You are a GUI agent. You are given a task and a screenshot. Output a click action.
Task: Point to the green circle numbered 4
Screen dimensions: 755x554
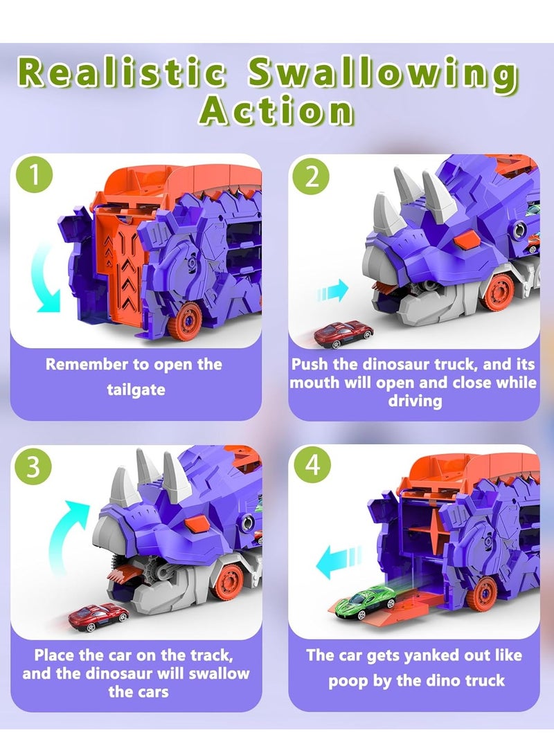point(312,466)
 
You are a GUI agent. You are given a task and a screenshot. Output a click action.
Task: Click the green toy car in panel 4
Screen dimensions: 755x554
point(359,599)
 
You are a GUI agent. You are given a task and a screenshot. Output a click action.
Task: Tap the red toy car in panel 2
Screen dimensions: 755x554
point(343,333)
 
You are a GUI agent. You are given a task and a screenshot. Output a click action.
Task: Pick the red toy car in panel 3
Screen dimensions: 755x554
point(98,614)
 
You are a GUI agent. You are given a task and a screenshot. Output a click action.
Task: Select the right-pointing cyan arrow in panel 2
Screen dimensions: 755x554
point(333,291)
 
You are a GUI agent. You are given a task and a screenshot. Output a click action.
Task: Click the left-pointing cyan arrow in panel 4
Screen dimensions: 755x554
point(339,563)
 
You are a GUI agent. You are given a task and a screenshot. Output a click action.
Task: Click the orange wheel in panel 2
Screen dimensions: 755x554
point(497,292)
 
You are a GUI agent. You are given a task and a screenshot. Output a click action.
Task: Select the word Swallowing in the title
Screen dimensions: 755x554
point(382,74)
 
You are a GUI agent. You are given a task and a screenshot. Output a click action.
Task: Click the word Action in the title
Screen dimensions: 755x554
point(277,110)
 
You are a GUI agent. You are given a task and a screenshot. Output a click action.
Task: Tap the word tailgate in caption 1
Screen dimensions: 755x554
point(136,390)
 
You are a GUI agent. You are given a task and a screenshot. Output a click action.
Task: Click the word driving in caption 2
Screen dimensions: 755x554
point(414,401)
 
